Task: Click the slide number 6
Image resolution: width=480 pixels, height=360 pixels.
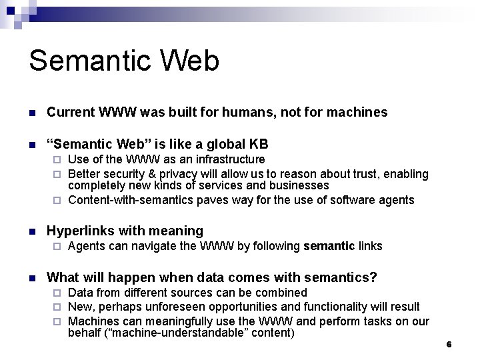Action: coord(449,345)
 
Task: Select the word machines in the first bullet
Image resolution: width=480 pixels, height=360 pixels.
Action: coord(357,113)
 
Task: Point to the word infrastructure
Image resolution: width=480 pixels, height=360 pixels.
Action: coord(228,160)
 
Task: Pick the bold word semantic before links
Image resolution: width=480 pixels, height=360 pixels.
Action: coord(329,247)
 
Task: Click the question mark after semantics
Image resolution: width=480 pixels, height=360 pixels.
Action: coord(373,277)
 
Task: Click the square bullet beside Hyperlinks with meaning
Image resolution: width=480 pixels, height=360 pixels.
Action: coord(31,231)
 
